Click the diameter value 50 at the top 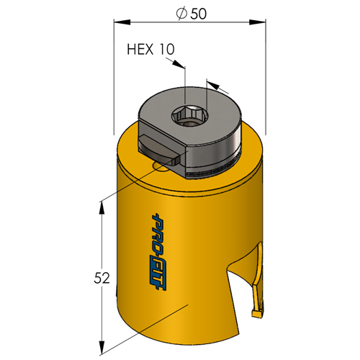point(198,14)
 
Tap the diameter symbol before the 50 point(181,14)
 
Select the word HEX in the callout point(140,49)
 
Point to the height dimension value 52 point(102,278)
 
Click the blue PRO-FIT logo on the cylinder point(158,252)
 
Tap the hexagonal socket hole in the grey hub point(189,116)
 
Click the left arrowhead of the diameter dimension point(122,22)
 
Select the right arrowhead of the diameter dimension point(258,22)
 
